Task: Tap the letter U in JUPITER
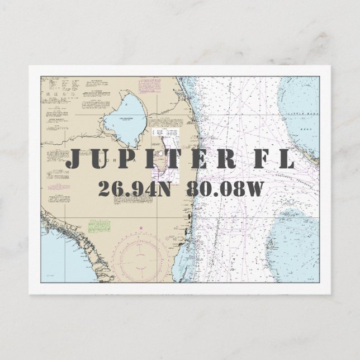coord(100,159)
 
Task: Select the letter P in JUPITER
coord(125,159)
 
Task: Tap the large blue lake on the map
coord(126,118)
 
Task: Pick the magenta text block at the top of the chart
coord(151,85)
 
